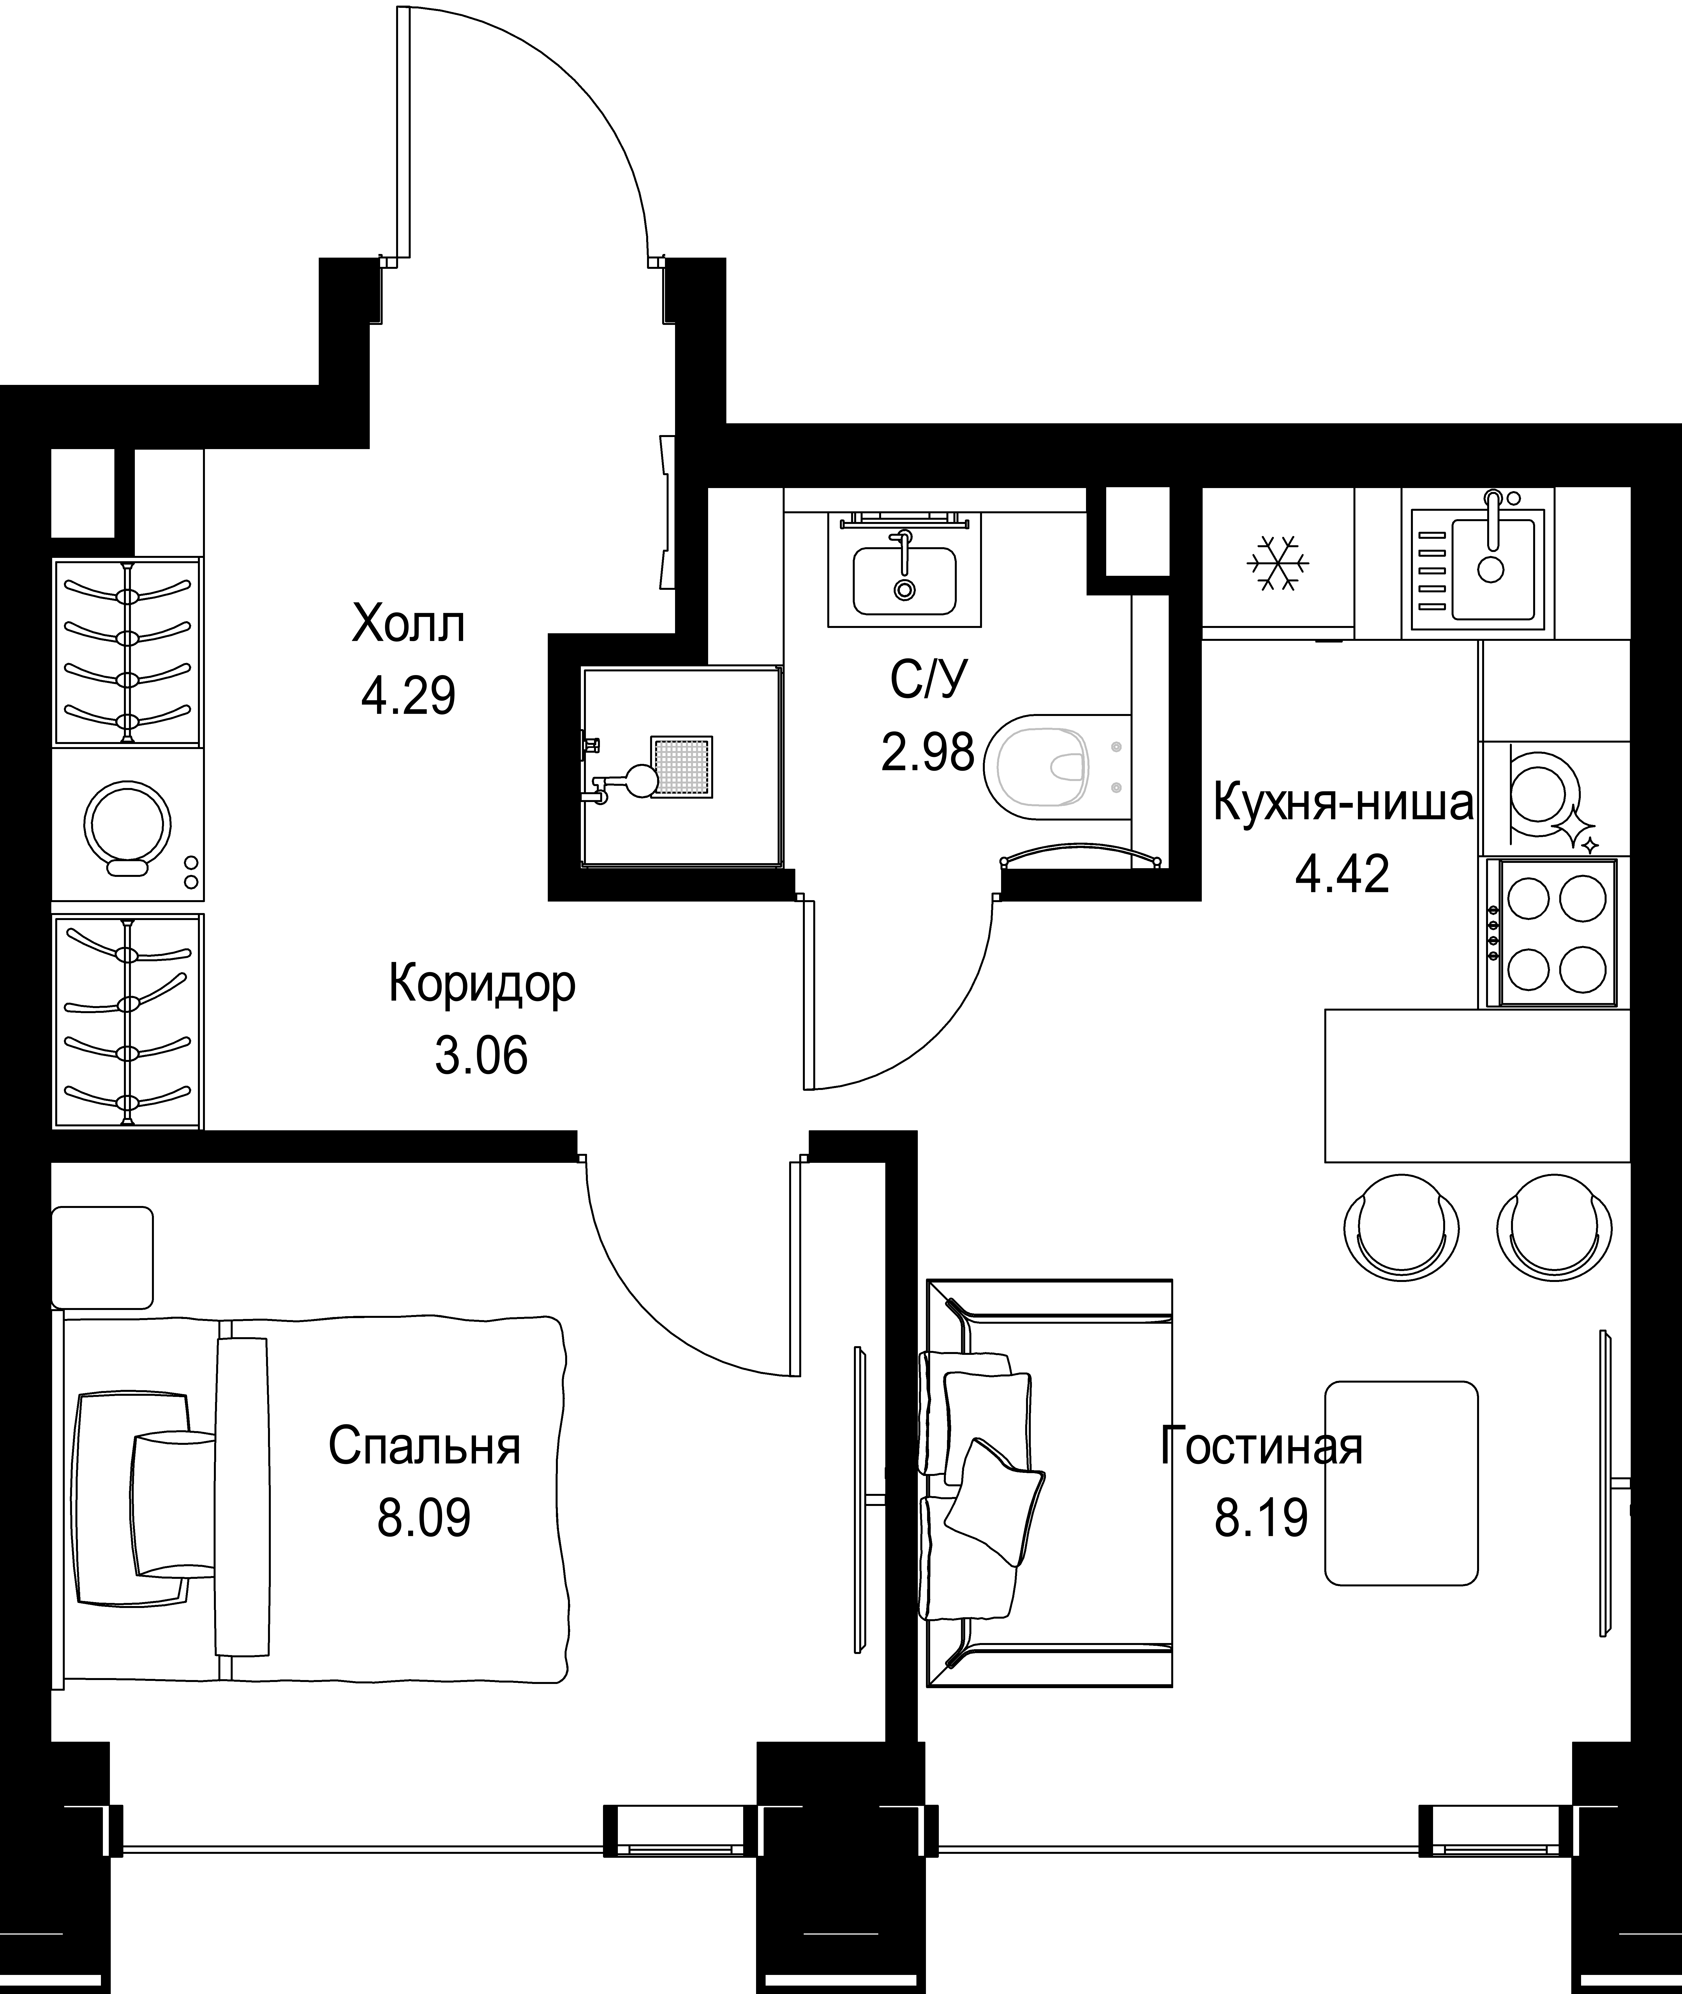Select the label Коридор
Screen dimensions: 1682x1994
tap(482, 985)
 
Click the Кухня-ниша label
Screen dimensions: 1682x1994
tap(1343, 804)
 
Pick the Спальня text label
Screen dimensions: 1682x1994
tap(424, 1447)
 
